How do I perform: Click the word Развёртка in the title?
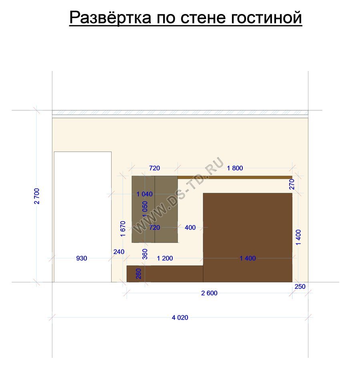coord(110,17)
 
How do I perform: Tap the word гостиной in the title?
coord(266,17)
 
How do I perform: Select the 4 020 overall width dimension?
coord(180,317)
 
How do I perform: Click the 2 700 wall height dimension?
coord(37,196)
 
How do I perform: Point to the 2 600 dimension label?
coord(209,293)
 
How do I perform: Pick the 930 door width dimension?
coord(82,258)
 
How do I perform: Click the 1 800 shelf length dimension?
coord(235,168)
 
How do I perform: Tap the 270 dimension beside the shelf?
coord(292,184)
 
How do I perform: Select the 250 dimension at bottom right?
coord(300,286)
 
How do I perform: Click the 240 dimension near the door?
coord(119,252)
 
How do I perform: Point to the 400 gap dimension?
coord(190,228)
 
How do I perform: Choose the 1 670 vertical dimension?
coord(123,229)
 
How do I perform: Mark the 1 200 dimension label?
coord(165,258)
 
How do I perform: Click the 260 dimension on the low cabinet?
coord(139,274)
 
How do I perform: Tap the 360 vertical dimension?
coord(145,254)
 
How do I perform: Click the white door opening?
coord(83,217)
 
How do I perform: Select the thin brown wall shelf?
coord(235,178)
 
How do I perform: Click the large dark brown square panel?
coord(248,237)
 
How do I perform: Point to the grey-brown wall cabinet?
coord(155,209)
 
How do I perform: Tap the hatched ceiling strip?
coord(180,112)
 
